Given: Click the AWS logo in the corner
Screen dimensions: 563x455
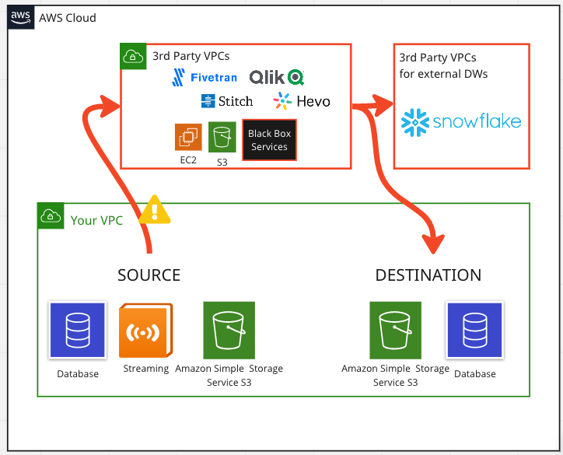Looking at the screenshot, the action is [21, 17].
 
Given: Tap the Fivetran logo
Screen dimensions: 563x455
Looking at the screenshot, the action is [205, 77].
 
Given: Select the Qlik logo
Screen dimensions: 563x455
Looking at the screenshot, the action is [277, 77].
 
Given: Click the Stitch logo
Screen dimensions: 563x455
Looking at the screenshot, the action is [227, 101].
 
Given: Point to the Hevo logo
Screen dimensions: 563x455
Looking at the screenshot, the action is [301, 101].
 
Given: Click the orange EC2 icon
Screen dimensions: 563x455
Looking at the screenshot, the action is [188, 137].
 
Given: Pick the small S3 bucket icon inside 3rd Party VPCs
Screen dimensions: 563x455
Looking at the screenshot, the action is [222, 137].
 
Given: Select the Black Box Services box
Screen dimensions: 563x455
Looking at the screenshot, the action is [269, 140].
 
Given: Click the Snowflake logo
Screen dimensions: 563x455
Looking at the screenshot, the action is [461, 122].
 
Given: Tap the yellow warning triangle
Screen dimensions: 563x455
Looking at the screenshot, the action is [155, 210].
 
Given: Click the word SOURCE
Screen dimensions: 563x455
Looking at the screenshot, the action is [149, 275].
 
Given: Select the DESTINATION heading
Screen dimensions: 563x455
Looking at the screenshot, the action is [428, 275].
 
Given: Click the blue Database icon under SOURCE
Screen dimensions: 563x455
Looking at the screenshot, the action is [78, 330].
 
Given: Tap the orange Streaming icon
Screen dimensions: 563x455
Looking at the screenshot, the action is [145, 331].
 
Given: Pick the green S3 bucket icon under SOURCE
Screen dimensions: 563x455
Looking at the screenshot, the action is [229, 331].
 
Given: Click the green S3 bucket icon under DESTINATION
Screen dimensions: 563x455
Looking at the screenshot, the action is [395, 331].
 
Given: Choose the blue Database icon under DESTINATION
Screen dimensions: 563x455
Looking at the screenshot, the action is [474, 330].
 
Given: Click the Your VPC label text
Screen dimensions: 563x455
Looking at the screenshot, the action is [96, 220].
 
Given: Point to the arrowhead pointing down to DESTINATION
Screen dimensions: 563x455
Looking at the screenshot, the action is [433, 243].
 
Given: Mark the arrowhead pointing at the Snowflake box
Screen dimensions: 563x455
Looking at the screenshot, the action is [383, 105].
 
